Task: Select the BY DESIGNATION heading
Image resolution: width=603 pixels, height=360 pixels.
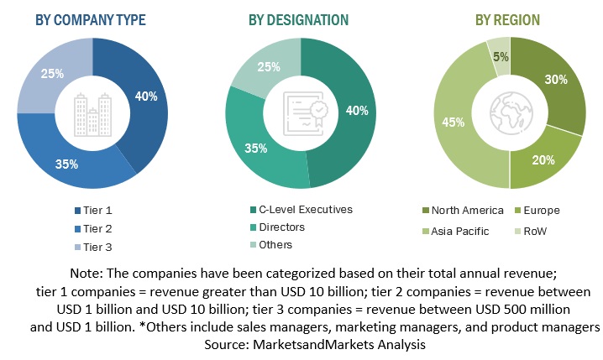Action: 300,19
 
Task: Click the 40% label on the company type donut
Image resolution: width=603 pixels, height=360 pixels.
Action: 146,97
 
